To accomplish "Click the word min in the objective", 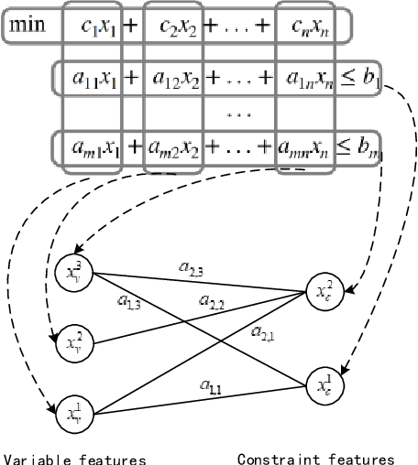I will tap(30, 22).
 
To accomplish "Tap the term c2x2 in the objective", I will tap(172, 23).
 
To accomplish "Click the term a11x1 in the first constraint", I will tap(93, 79).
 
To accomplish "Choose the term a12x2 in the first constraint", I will tap(172, 79).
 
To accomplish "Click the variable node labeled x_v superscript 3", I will tap(79, 271).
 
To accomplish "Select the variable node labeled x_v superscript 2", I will tap(79, 343).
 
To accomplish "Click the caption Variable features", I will tap(74, 459).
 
